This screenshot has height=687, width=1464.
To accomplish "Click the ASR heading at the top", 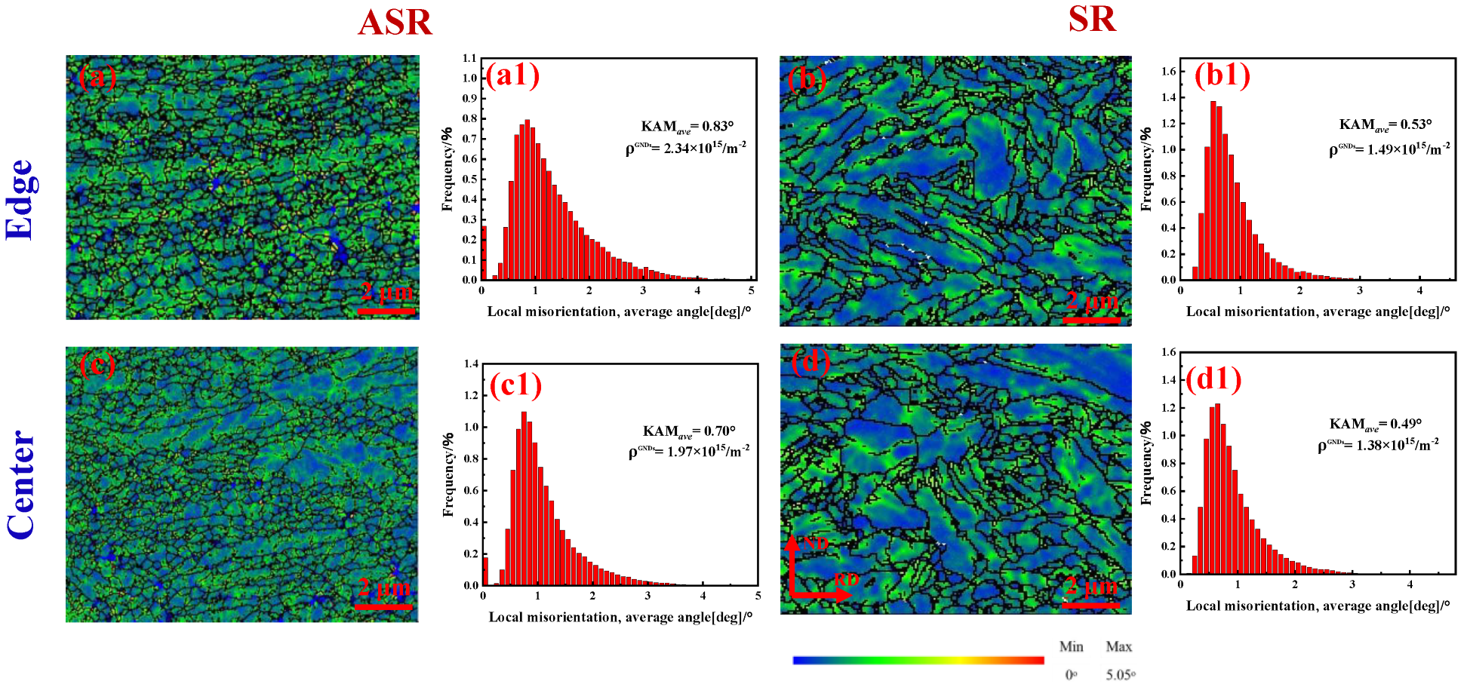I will click(395, 23).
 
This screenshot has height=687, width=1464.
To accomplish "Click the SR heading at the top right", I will click(1091, 20).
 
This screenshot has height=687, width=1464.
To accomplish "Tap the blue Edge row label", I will click(20, 200).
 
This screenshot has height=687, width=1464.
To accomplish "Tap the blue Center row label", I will click(21, 485).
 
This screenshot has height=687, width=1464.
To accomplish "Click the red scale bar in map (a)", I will click(386, 311).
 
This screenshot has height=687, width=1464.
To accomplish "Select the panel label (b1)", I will click(1222, 75).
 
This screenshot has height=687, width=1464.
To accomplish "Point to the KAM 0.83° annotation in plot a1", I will click(687, 127).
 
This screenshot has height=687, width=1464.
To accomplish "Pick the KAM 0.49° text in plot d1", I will click(1375, 425).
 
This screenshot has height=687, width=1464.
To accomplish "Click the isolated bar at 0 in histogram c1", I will click(485, 571).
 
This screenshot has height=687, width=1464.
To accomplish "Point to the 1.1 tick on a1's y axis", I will click(469, 58).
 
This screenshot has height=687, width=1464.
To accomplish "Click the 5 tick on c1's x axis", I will click(758, 596).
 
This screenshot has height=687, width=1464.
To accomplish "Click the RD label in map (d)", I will click(846, 579).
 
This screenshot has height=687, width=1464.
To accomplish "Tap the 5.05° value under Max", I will click(1120, 675).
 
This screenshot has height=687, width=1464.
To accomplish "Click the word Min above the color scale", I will click(1071, 647).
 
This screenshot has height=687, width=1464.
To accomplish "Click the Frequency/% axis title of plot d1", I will click(1146, 463).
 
